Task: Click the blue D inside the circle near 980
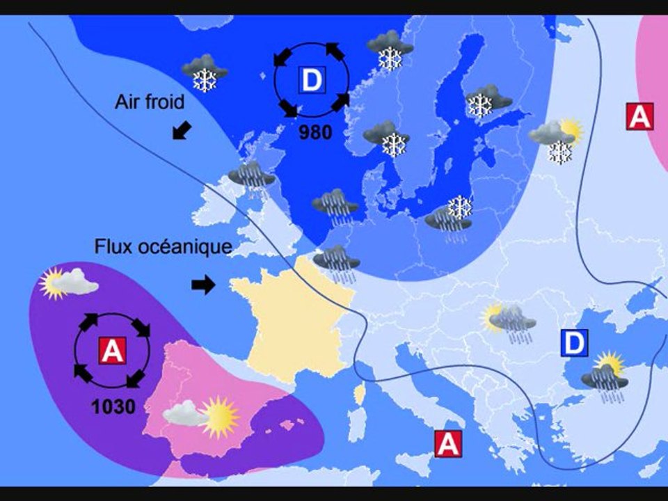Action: click(x=312, y=81)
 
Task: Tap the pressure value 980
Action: click(x=315, y=132)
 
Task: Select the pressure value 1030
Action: click(x=113, y=406)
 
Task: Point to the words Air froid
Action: click(x=150, y=102)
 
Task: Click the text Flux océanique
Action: click(x=163, y=247)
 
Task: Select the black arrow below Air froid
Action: click(x=182, y=129)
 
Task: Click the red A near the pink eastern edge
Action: click(x=639, y=116)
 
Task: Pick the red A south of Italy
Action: click(x=448, y=443)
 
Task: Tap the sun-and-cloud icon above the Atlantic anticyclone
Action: click(x=68, y=283)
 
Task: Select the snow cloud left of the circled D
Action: click(x=205, y=72)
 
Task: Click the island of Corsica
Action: click(x=360, y=395)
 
